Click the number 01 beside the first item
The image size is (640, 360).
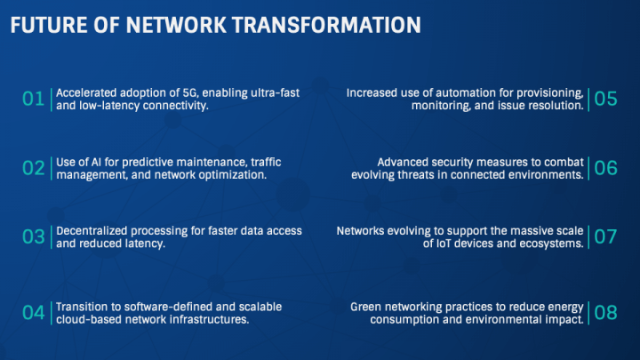tap(33, 99)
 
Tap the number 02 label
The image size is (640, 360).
tap(33, 168)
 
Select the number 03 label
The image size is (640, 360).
tap(33, 237)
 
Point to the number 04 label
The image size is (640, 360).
tap(33, 312)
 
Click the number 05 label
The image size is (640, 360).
tap(605, 99)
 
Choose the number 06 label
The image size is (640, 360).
tap(605, 168)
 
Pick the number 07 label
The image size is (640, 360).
tap(605, 237)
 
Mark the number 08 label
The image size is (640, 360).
tap(605, 312)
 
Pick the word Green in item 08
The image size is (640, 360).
tap(367, 306)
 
